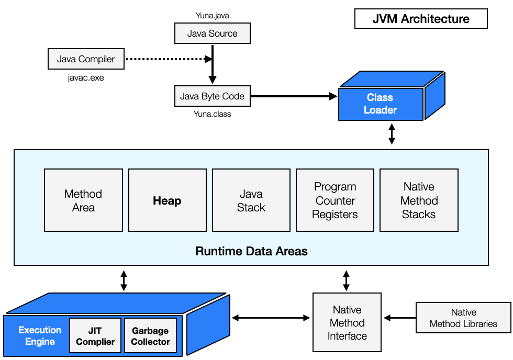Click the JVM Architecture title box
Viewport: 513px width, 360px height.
421,19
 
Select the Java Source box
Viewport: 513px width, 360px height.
212,33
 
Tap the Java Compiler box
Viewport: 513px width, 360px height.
86,59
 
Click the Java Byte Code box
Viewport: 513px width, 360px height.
212,96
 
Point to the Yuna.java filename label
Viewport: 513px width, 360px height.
212,16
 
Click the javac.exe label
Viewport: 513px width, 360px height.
86,78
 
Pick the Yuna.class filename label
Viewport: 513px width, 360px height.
212,114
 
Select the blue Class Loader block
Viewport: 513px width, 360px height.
381,104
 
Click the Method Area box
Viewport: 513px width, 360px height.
83,200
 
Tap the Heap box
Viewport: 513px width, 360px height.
167,200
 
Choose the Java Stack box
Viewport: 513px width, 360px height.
251,200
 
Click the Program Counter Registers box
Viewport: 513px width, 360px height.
335,200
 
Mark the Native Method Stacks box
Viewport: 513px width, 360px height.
419,200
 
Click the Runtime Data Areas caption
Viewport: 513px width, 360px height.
251,251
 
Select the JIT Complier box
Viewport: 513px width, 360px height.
95,336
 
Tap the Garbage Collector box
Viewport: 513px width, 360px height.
150,336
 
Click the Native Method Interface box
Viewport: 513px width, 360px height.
347,323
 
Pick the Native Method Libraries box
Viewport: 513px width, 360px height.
463,318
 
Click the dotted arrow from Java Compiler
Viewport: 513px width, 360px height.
168,59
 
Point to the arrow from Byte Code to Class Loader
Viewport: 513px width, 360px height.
293,96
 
